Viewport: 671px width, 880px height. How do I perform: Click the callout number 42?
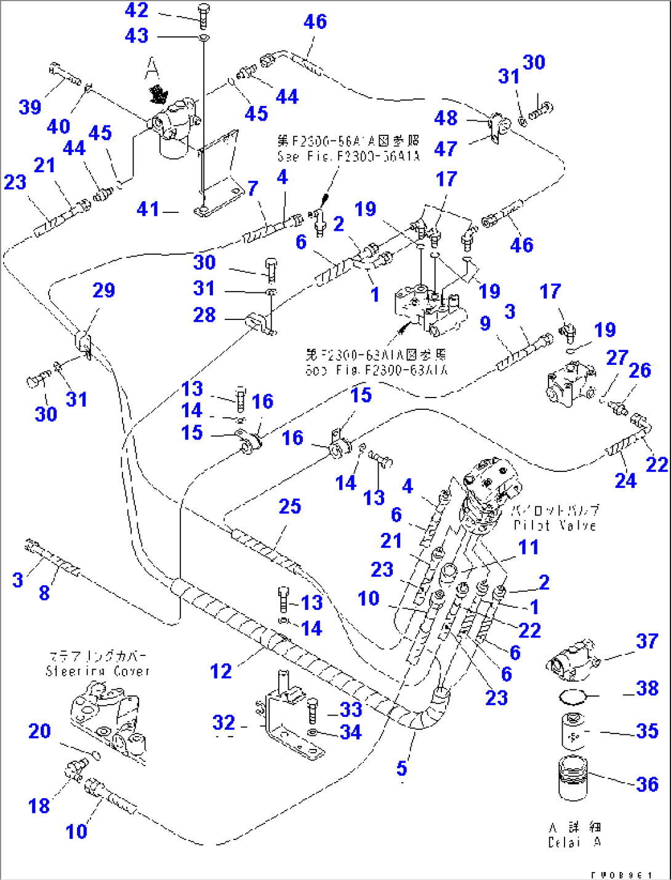click(136, 10)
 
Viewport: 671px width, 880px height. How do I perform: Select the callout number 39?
click(30, 107)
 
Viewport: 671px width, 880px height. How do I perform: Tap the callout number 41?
click(148, 209)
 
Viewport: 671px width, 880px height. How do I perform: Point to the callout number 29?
click(103, 290)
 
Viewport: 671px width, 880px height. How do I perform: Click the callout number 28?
click(204, 315)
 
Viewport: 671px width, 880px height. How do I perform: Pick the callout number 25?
click(289, 506)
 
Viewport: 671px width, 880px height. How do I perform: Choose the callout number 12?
click(220, 671)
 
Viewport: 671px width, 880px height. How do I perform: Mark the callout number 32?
click(223, 722)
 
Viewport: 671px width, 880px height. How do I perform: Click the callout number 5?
click(401, 768)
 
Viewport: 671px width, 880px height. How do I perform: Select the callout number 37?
click(647, 641)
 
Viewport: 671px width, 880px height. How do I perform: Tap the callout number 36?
click(647, 784)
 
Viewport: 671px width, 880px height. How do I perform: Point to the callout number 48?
click(446, 118)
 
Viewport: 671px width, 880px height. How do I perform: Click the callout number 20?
click(39, 731)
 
